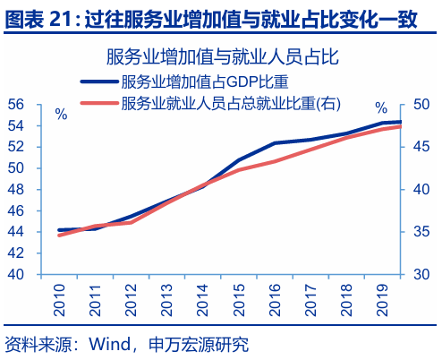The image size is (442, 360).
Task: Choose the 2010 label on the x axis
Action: (59, 299)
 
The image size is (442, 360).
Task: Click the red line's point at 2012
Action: (131, 222)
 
